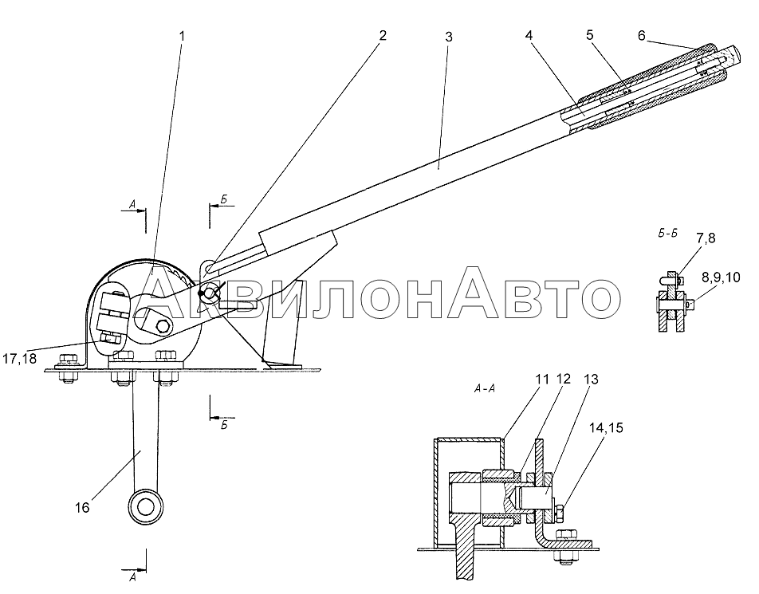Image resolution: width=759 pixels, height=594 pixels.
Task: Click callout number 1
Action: coord(182,37)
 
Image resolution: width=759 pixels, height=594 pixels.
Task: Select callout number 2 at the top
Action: coord(383,35)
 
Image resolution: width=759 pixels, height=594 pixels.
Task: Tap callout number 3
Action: coord(449,37)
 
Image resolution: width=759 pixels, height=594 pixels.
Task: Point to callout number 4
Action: coord(529,35)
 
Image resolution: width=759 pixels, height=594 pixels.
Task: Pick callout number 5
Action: coord(590,35)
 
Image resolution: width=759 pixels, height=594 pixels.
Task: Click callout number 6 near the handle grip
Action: coord(641,35)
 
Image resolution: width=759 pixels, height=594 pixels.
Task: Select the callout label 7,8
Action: coord(706,238)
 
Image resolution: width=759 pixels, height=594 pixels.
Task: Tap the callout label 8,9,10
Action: coord(720,277)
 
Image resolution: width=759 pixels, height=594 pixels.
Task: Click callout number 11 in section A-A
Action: coord(543,379)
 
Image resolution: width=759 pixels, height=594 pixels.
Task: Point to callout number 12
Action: coord(564,379)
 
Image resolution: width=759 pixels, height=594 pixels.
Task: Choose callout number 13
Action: coord(591,379)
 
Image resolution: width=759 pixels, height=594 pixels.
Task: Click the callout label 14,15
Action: coord(606,428)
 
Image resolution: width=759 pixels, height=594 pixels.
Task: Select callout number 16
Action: coord(82,507)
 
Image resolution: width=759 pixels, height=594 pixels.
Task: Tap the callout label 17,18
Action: coord(19,360)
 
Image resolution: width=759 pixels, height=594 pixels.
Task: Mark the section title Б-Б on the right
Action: coord(668,234)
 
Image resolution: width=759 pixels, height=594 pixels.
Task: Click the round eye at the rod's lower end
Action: coord(145,507)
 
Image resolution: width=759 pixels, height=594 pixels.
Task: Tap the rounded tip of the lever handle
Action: coord(733,54)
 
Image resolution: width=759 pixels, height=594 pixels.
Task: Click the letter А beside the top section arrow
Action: coord(132,205)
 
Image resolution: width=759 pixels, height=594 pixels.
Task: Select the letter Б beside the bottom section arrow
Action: coord(224,426)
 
